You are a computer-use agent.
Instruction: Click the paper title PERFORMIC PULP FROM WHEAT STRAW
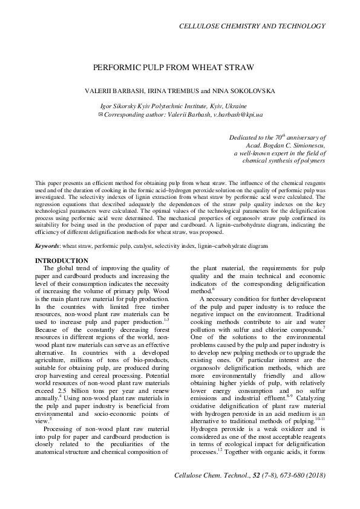point(173,68)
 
